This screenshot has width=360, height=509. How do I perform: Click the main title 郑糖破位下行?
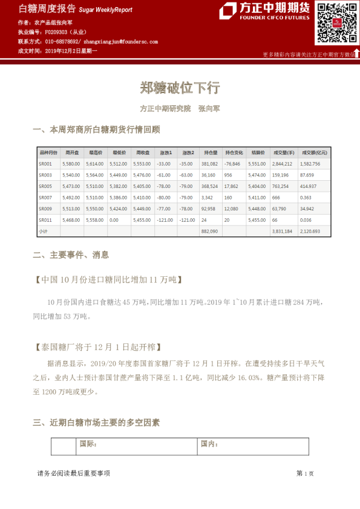pos(180,88)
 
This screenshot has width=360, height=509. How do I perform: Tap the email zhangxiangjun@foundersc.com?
pos(120,42)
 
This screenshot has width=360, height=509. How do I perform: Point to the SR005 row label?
pos(45,186)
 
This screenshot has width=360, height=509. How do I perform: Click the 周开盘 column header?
pos(71,152)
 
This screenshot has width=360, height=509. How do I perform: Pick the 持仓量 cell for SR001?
pos(209,164)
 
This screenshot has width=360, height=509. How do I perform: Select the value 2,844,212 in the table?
pos(282,164)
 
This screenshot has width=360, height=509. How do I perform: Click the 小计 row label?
pos(43,231)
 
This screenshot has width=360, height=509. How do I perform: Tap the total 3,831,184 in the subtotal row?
pos(282,231)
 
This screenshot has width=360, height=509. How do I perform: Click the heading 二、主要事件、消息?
pos(71,255)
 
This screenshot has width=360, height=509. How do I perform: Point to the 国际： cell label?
pos(88,444)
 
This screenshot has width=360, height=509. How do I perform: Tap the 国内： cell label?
pos(209,444)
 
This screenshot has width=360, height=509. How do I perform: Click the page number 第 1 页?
pos(305,473)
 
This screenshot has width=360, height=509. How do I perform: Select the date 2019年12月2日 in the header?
pos(68,51)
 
